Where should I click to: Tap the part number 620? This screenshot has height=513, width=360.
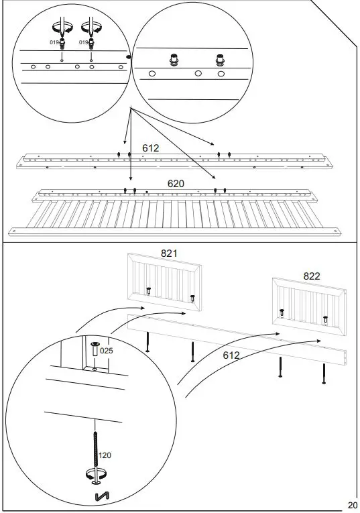coord(176,182)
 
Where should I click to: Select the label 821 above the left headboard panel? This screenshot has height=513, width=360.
coord(169,253)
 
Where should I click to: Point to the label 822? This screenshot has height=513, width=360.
coord(312,276)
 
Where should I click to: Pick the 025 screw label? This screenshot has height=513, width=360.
coord(107,350)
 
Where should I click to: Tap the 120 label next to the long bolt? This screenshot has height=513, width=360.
coord(105,455)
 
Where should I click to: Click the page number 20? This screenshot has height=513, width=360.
coord(352,505)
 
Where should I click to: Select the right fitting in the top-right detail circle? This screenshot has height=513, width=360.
coord(219,59)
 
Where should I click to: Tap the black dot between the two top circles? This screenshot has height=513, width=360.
coord(130,58)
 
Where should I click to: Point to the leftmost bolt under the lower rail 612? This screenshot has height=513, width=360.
coord(147,343)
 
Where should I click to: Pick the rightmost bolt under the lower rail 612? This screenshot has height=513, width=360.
coord(324,373)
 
